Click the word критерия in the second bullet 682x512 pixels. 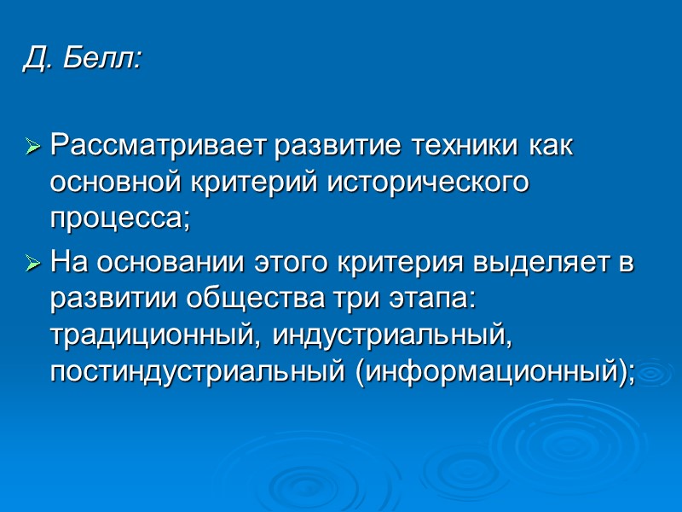coord(396,264)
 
